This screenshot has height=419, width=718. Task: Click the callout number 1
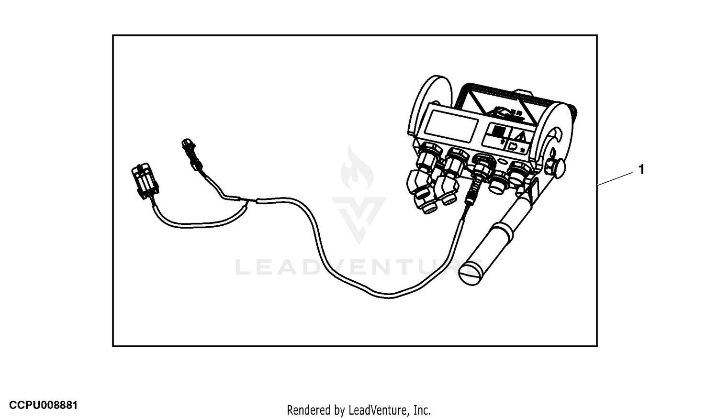(x=641, y=169)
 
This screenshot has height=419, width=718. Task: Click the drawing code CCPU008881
(x=43, y=405)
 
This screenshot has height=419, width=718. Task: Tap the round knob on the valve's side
(x=559, y=168)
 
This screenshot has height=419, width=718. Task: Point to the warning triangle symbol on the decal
(x=522, y=137)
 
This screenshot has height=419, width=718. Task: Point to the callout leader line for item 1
(x=615, y=179)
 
